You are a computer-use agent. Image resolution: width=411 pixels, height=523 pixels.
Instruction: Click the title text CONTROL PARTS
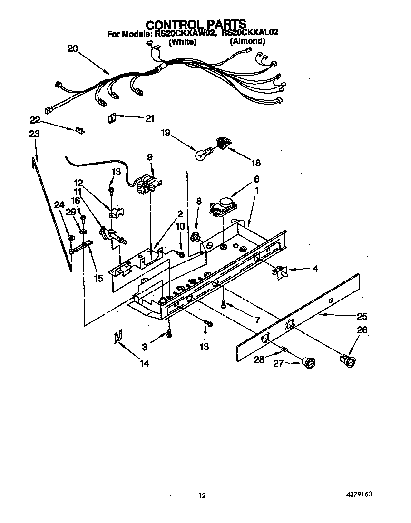coord(196,24)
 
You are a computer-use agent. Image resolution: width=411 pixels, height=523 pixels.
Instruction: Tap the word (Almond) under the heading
coord(247,42)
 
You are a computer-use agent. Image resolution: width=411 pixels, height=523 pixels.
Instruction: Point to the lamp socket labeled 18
coord(222,142)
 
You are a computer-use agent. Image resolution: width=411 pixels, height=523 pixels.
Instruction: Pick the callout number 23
coord(34,134)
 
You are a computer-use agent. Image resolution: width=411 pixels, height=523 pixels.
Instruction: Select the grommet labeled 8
coord(195,236)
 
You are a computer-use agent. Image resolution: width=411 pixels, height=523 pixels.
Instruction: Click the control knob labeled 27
coord(310,363)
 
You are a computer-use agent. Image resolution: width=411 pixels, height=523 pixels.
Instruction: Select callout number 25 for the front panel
coord(362,316)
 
